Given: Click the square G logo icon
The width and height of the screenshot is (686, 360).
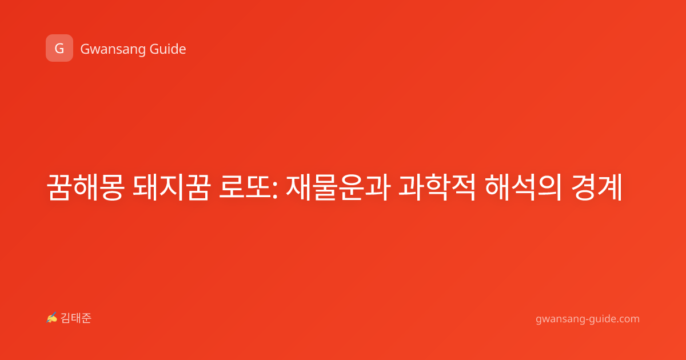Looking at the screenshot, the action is pyautogui.click(x=59, y=48).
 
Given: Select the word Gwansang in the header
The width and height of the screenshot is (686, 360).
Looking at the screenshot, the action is pyautogui.click(x=113, y=50).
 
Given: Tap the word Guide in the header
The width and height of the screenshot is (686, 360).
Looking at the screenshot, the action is pyautogui.click(x=168, y=49).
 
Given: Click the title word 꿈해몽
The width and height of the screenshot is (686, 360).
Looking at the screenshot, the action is pyautogui.click(x=86, y=187).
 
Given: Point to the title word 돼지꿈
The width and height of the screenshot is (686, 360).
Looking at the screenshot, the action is pyautogui.click(x=172, y=187).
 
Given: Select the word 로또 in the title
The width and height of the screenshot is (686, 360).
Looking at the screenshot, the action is pyautogui.click(x=246, y=187).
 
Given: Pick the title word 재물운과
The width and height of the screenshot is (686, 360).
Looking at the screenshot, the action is pyautogui.click(x=338, y=187).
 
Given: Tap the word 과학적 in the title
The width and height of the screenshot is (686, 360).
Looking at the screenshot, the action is pyautogui.click(x=437, y=187).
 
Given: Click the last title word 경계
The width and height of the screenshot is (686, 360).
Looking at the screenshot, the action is pyautogui.click(x=597, y=187).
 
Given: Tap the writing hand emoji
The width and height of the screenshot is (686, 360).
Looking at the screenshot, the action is pyautogui.click(x=52, y=318).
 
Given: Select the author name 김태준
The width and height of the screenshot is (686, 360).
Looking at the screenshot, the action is pyautogui.click(x=76, y=318).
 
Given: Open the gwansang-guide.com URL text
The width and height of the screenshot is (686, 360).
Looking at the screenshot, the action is pyautogui.click(x=588, y=319).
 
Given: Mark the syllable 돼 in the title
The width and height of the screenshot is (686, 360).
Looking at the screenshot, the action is pyautogui.click(x=145, y=187).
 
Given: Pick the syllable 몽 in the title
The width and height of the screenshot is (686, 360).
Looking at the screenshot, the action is pyautogui.click(x=112, y=187).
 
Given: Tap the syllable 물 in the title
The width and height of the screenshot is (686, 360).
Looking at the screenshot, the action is pyautogui.click(x=325, y=187).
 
